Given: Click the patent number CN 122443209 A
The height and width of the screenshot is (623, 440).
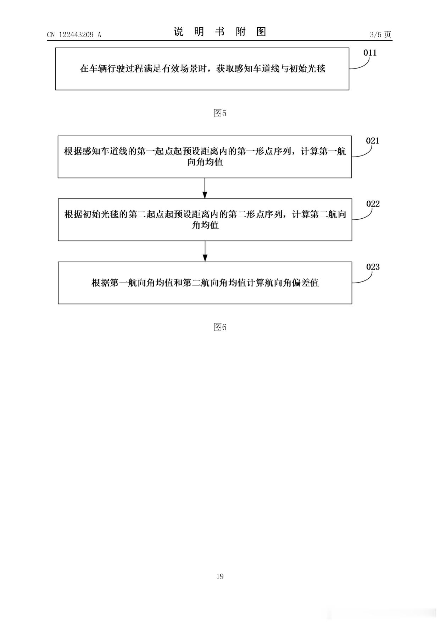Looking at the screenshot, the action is (x=74, y=35).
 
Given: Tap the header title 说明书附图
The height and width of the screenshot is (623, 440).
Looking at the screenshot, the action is (x=220, y=32).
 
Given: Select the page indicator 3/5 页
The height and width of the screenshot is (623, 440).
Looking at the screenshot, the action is (x=380, y=34).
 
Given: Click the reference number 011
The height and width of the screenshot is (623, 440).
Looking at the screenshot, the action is (x=370, y=53).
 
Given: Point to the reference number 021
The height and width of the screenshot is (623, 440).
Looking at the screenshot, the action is (x=373, y=141).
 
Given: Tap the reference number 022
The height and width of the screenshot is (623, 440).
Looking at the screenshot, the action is (x=373, y=204).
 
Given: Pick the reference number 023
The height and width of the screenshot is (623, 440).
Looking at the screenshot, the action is (x=373, y=267).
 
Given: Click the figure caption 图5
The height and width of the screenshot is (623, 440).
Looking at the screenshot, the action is (x=220, y=113).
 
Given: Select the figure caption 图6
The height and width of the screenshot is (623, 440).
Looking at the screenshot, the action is (x=220, y=327).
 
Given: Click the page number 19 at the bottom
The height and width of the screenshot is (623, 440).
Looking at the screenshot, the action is (x=220, y=576).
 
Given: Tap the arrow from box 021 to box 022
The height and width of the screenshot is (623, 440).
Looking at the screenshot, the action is (x=205, y=188).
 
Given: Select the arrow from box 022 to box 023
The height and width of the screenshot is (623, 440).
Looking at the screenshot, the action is (x=205, y=251).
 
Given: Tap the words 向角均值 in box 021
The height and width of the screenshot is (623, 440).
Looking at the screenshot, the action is (x=205, y=163).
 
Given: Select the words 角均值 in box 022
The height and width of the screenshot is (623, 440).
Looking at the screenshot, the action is (x=205, y=225).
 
